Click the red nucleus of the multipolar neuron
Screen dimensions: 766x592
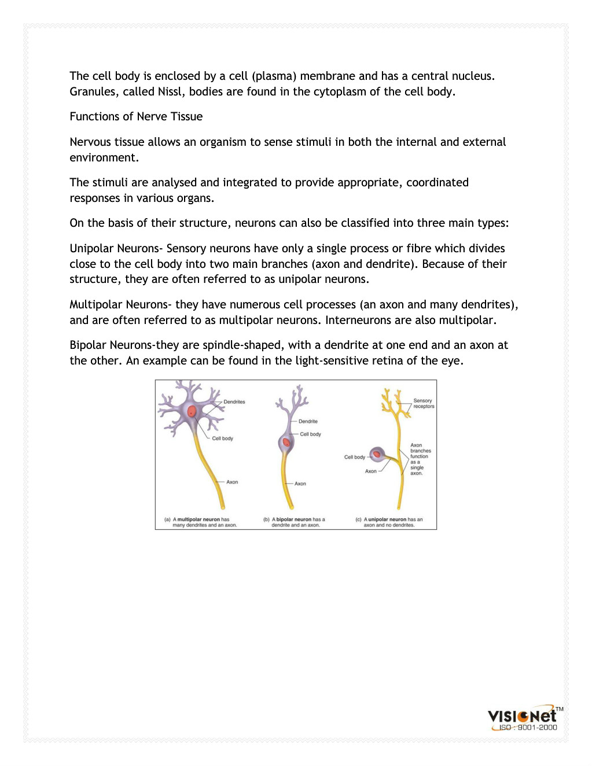pos(192,412)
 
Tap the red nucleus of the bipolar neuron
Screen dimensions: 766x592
pos(286,443)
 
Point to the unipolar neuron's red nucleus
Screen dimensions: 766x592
pos(377,455)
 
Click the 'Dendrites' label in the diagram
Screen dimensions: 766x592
pos(234,402)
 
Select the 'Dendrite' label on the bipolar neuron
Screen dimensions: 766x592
pos(308,421)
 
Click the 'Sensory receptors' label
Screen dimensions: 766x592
pos(423,403)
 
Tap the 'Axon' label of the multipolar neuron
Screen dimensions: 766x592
pos(232,482)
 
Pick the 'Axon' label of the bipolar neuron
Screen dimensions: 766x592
pos(300,484)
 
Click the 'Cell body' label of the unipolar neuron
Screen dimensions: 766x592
pos(354,457)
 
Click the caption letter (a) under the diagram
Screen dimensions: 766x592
pos(167,520)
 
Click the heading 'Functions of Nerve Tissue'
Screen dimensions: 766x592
pos(136,116)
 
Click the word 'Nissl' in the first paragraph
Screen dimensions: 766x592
pos(170,91)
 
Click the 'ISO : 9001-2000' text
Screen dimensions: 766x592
pos(528,728)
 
